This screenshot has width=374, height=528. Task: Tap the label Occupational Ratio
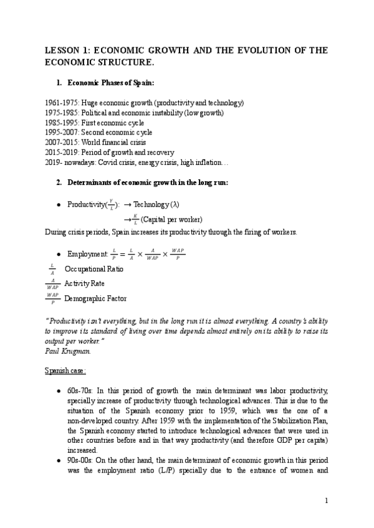[x=94, y=269]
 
